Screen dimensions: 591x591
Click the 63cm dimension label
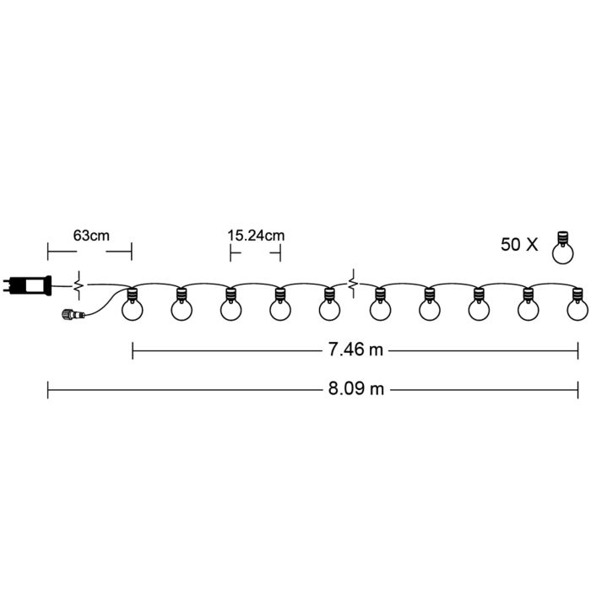91,236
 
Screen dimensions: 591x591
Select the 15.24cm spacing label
256,236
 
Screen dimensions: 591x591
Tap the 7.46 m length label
355,350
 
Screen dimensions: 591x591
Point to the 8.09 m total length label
355,388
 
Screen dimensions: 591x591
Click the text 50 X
519,244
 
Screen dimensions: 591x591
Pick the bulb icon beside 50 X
563,247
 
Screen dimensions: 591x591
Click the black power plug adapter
27,285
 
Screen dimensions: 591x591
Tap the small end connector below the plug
73,313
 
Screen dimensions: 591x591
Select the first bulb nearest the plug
132,305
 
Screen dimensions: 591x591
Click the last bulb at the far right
577,305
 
